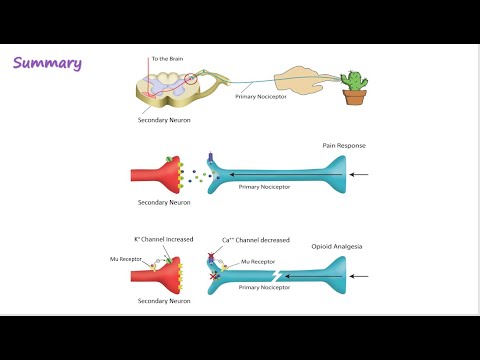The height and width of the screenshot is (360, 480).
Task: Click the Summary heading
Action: [x=48, y=64]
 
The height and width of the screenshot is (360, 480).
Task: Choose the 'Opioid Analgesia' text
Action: [x=336, y=244]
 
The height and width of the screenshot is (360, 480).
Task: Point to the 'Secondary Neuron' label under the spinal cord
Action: [x=165, y=121]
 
